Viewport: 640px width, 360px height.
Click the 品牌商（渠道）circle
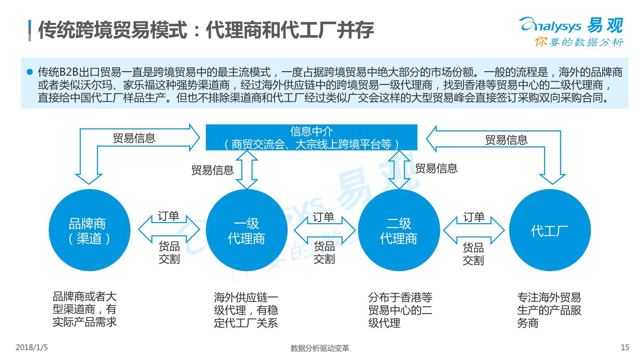(89, 230)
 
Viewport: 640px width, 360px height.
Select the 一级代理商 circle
(246, 230)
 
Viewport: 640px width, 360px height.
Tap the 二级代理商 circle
(399, 230)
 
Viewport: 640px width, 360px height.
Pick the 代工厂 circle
(550, 230)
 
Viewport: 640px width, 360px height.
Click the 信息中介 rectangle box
(311, 138)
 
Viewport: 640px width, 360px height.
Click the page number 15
(625, 347)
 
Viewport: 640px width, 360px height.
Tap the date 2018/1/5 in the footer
(32, 347)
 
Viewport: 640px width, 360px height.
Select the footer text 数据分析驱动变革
(320, 348)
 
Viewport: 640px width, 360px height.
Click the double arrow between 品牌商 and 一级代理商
(169, 229)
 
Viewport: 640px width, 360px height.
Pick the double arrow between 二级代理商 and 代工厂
(474, 230)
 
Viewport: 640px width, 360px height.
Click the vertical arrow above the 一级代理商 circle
(246, 170)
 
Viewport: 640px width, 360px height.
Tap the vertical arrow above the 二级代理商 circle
(399, 170)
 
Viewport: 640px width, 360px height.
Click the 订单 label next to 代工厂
(474, 217)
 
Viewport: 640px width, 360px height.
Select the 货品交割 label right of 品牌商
(169, 252)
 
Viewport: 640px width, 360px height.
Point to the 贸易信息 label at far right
(506, 140)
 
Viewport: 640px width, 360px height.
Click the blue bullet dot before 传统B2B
(30, 72)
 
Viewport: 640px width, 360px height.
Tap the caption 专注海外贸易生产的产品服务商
(549, 310)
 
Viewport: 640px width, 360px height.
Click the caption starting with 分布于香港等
(400, 310)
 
